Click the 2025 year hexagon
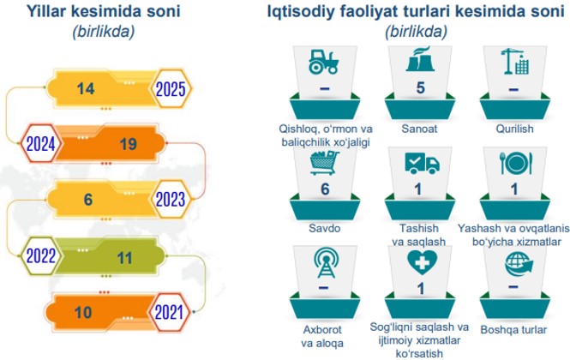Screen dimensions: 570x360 (x=171, y=89)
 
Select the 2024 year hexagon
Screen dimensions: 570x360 (x=41, y=144)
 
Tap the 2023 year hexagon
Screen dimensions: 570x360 (x=171, y=199)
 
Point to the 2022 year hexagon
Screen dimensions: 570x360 (x=41, y=255)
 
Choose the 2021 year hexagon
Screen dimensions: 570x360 (x=169, y=312)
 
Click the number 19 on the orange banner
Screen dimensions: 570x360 (x=129, y=144)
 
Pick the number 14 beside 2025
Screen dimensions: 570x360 (x=86, y=89)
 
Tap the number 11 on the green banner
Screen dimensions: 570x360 (x=124, y=258)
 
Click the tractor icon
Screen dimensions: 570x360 (x=323, y=62)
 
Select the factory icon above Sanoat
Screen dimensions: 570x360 (x=420, y=59)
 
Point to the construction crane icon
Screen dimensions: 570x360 (x=515, y=62)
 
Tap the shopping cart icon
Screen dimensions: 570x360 (x=324, y=163)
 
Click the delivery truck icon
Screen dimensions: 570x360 (x=422, y=163)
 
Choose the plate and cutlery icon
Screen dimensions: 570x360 (x=516, y=163)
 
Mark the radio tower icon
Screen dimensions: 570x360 (x=327, y=262)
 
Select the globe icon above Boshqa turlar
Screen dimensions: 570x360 (x=519, y=264)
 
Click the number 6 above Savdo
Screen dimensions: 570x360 (x=325, y=189)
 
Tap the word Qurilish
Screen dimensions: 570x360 (x=514, y=129)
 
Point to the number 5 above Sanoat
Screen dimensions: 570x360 (x=421, y=87)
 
